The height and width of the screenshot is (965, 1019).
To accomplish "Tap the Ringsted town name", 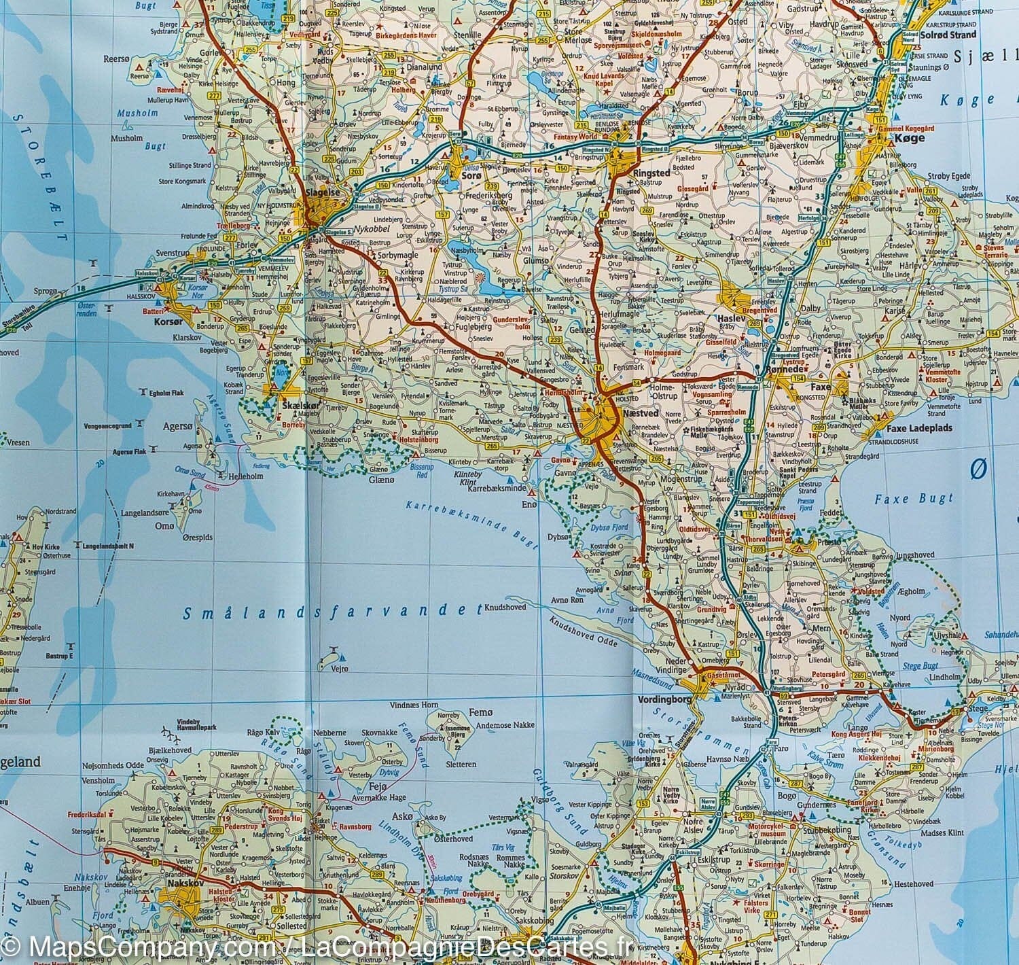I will [651, 173].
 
